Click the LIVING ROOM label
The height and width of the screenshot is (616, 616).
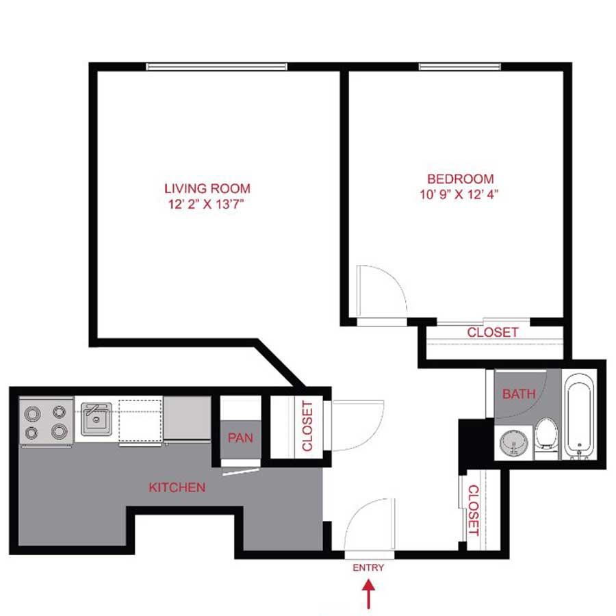[207, 188]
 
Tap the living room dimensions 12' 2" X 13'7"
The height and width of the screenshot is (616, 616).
[207, 203]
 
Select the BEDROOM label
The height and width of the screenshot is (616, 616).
[458, 179]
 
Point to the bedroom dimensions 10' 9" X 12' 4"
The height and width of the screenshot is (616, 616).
[458, 194]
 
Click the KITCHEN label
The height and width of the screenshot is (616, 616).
[177, 487]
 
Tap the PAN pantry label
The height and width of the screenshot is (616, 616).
[240, 437]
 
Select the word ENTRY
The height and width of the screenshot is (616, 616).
[368, 567]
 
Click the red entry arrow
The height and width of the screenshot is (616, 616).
[369, 593]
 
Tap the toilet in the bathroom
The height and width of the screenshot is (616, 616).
[546, 435]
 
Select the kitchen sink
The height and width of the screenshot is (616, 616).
[96, 418]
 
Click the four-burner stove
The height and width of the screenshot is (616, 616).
[47, 422]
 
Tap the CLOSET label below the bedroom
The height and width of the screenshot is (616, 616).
[492, 333]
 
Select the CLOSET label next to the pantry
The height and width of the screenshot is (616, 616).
[307, 426]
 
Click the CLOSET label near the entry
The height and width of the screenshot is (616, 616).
[472, 510]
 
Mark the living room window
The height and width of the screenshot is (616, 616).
[216, 66]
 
